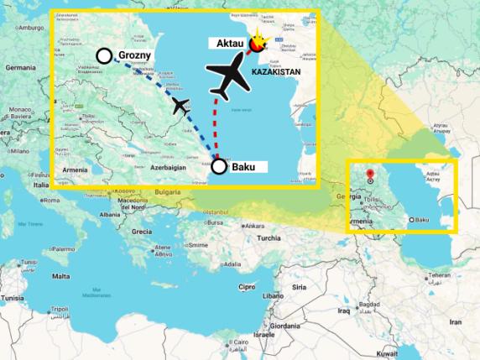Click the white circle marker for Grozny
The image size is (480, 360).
pos(104,56)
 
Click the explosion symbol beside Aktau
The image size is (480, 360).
pos(259,43)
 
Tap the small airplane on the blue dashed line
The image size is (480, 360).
pos(180,106)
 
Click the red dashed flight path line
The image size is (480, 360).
pos(220,126)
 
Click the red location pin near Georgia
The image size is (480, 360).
pos(370,175)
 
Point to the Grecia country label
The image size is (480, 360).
pos(141,232)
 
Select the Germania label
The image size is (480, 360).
pos(20,67)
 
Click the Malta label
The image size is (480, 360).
pos(60,276)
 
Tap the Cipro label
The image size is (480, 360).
pos(247,286)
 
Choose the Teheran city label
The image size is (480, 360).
pos(440,275)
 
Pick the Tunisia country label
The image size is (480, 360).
pos(12,298)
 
